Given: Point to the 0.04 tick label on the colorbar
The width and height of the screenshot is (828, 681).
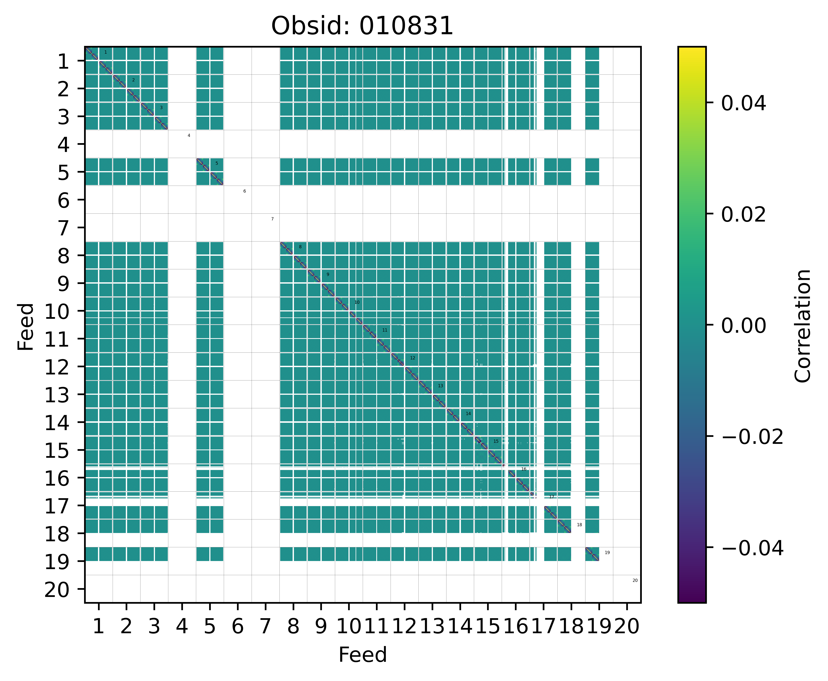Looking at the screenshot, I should tap(743, 104).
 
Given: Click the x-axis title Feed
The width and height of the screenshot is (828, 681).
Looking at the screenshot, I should tap(362, 655).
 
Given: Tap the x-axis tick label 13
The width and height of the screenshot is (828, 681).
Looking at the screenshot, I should tap(432, 626).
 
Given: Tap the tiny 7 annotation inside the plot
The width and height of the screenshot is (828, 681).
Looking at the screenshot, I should tap(272, 219).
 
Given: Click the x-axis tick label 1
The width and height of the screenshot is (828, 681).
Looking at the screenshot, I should tap(99, 626).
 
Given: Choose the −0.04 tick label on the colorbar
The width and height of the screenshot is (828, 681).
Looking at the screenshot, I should tap(752, 548).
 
